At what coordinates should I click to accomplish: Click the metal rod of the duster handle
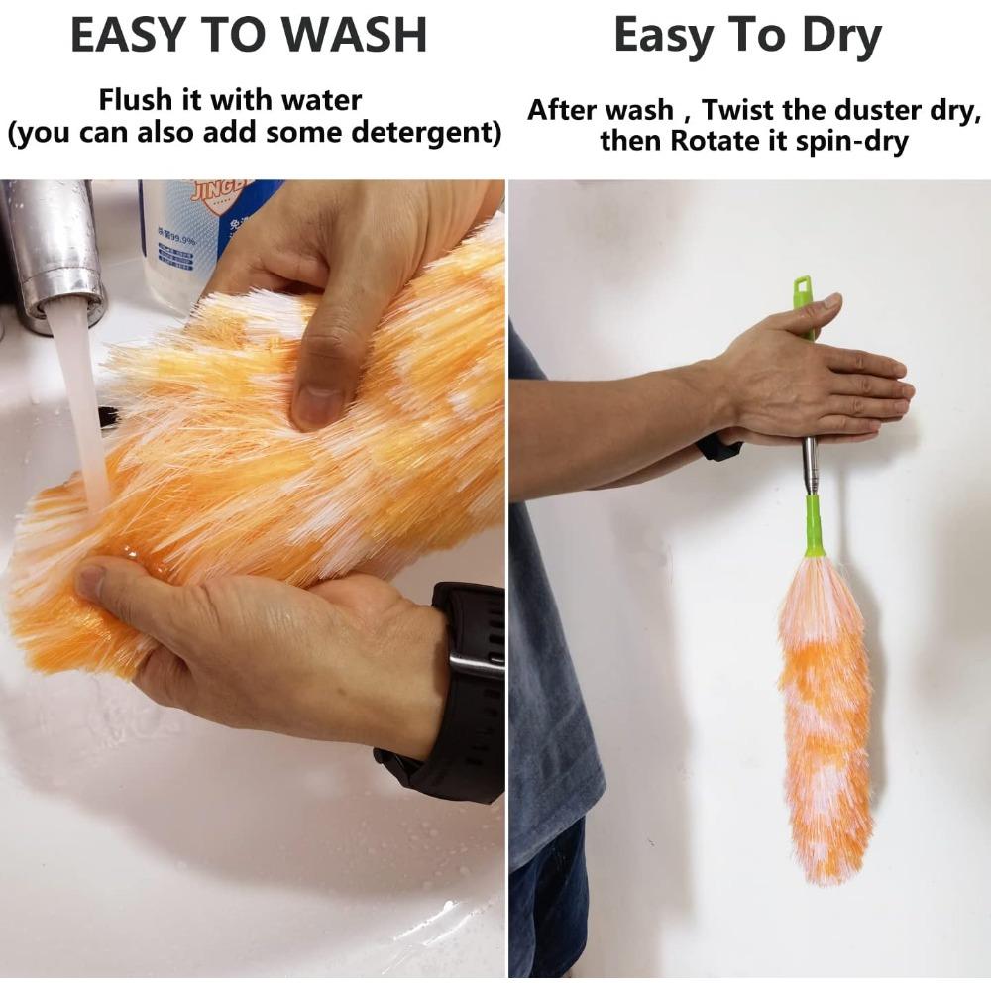(811, 466)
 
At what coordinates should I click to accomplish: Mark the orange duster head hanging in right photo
(824, 714)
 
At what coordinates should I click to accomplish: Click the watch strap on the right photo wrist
(717, 448)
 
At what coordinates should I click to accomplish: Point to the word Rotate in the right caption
(706, 141)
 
